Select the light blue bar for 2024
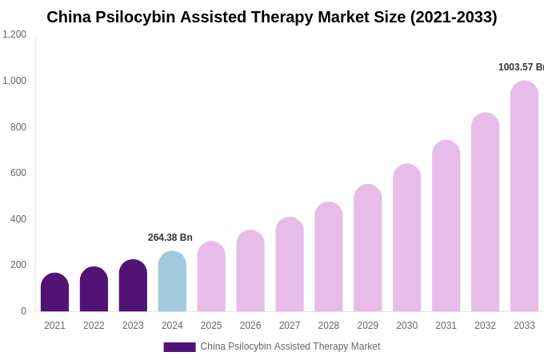tap(172, 282)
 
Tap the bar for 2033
tap(524, 196)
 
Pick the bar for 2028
tap(329, 257)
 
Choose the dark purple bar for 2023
tap(133, 286)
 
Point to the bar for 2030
tap(407, 238)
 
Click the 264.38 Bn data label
tap(170, 238)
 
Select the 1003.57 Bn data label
tap(521, 67)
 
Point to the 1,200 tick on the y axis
tap(14, 34)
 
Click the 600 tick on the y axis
tap(18, 173)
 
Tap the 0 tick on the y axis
tap(23, 311)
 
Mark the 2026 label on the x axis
tap(250, 326)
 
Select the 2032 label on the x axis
tap(485, 326)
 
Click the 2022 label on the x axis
tap(94, 326)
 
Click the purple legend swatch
tap(179, 347)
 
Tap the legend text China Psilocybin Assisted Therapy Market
tap(290, 346)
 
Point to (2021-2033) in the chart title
tap(454, 17)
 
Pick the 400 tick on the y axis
tap(18, 219)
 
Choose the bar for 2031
tap(446, 226)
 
